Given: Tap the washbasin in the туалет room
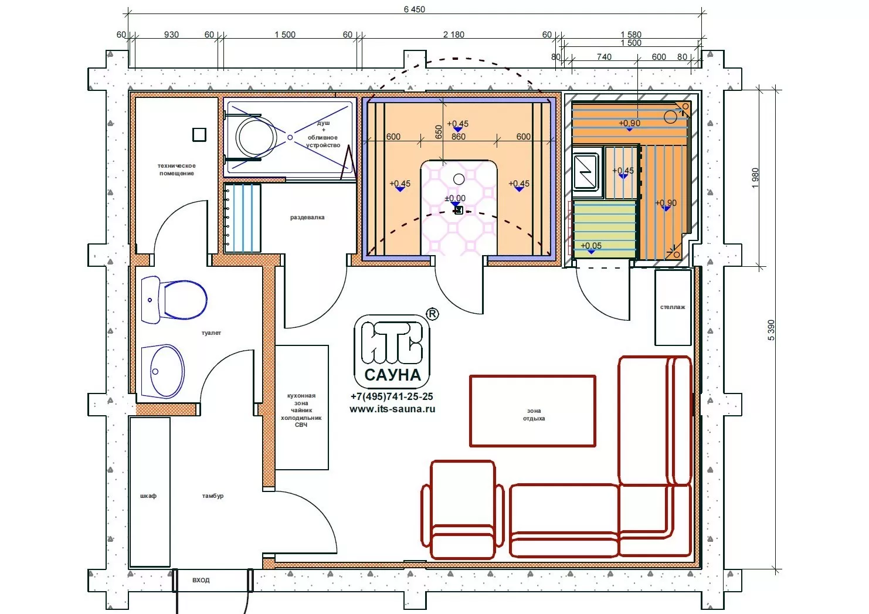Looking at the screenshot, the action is [162, 372].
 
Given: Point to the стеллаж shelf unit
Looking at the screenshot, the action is [673, 307].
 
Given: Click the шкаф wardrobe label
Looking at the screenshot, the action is [148, 496].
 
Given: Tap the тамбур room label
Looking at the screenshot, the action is [213, 496].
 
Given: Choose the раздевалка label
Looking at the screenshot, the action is [307, 217].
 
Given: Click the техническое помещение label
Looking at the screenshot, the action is [176, 169].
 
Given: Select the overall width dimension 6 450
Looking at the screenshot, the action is [415, 9].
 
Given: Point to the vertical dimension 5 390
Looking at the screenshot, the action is [771, 330].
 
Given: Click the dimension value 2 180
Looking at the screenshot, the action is [453, 35].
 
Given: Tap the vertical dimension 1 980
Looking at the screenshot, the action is [755, 178].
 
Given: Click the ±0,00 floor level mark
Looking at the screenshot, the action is [455, 199].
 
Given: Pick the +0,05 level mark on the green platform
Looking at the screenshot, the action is [591, 246].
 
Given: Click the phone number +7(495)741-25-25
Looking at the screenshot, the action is [392, 396].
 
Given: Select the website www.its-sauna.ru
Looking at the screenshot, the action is [392, 409].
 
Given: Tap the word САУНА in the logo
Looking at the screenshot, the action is [393, 375].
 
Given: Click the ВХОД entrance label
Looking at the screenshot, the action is [201, 580].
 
